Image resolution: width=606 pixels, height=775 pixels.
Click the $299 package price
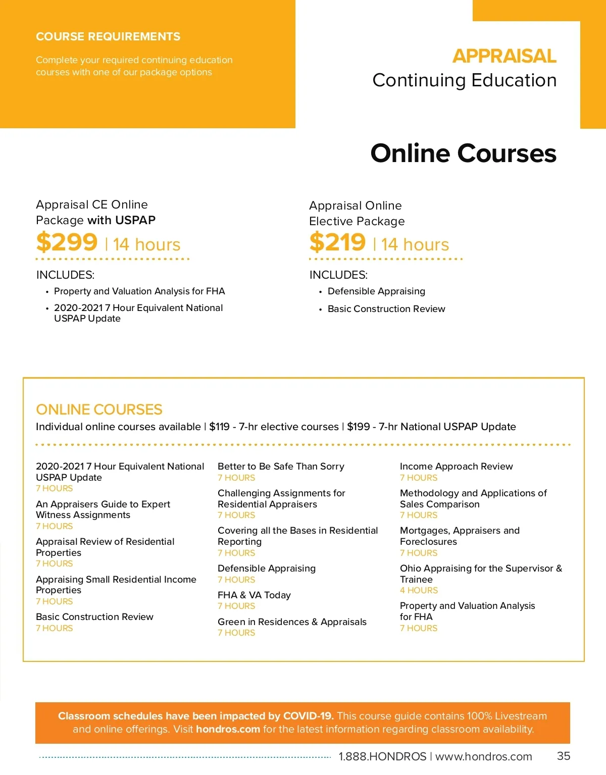[x=67, y=242]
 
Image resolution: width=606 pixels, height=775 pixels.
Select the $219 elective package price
[x=337, y=242]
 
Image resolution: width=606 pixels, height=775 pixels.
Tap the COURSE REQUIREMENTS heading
[x=108, y=37]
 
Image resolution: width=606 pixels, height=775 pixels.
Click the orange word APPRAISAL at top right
[x=504, y=56]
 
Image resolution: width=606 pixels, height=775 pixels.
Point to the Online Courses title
[x=463, y=153]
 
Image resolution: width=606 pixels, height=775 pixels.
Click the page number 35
[x=564, y=756]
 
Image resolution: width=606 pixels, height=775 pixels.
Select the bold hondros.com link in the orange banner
[x=228, y=729]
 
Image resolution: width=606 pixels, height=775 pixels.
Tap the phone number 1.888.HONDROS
[x=382, y=756]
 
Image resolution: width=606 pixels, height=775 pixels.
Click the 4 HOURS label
[x=419, y=590]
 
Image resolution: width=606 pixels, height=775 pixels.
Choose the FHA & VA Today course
[x=254, y=595]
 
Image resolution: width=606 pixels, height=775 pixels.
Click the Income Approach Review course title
[x=456, y=467]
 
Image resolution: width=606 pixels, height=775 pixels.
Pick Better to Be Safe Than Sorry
[x=281, y=467]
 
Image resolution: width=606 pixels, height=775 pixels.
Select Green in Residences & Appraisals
[x=292, y=622]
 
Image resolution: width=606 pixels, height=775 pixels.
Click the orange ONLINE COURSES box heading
[x=99, y=409]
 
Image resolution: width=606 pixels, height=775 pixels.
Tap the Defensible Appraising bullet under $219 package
[x=376, y=291]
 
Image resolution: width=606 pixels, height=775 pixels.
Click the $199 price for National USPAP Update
[x=358, y=427]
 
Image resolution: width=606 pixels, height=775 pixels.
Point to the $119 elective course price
[x=219, y=427]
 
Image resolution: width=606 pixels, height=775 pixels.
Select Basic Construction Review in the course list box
[x=94, y=617]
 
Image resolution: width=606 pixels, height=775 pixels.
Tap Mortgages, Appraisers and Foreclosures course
[x=460, y=536]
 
